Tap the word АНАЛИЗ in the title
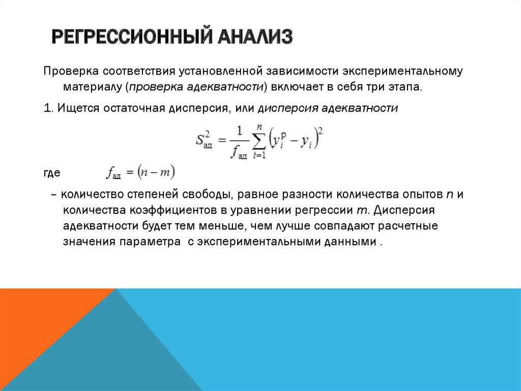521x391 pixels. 254,37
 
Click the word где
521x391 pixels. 52,173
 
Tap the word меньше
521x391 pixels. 216,226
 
